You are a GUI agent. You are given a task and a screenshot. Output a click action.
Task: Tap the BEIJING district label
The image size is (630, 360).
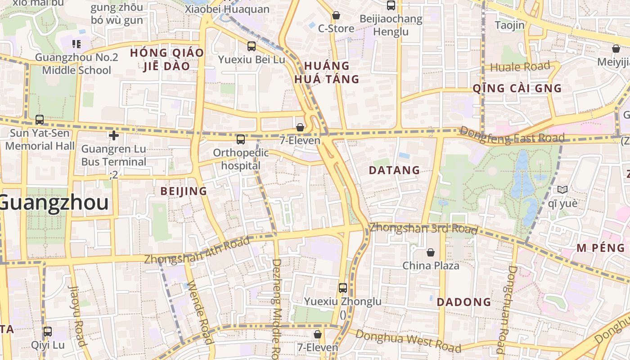click(184, 191)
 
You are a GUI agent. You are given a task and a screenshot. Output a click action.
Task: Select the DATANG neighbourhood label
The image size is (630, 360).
click(394, 170)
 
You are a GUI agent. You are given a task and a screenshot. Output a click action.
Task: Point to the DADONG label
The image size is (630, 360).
click(464, 302)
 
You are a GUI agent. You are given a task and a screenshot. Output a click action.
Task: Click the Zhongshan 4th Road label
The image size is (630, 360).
click(197, 251)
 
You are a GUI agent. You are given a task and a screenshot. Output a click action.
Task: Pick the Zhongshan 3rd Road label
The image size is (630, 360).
click(423, 228)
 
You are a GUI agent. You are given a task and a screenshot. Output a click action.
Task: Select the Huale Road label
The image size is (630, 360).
click(520, 67)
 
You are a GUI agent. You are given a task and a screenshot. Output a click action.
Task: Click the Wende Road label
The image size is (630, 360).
click(199, 312)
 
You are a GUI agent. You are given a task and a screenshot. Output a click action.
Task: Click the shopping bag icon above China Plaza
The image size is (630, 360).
click(431, 252)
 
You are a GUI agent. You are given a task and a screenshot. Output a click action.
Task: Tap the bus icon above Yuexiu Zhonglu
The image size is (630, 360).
click(343, 288)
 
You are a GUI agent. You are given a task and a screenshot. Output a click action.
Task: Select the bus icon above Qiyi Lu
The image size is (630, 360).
click(48, 332)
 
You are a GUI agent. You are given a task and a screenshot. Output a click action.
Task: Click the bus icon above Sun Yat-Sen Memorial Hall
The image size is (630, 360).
click(40, 120)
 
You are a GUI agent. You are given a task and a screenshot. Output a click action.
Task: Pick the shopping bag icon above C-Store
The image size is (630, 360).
click(336, 16)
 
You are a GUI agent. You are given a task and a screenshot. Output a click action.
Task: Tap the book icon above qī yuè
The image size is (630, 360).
click(562, 189)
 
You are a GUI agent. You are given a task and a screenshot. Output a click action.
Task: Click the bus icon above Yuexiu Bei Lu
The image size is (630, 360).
click(252, 46)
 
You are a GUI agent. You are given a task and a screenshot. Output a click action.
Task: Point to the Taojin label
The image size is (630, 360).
click(510, 25)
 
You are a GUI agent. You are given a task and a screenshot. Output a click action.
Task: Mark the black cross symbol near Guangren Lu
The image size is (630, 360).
click(114, 135)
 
